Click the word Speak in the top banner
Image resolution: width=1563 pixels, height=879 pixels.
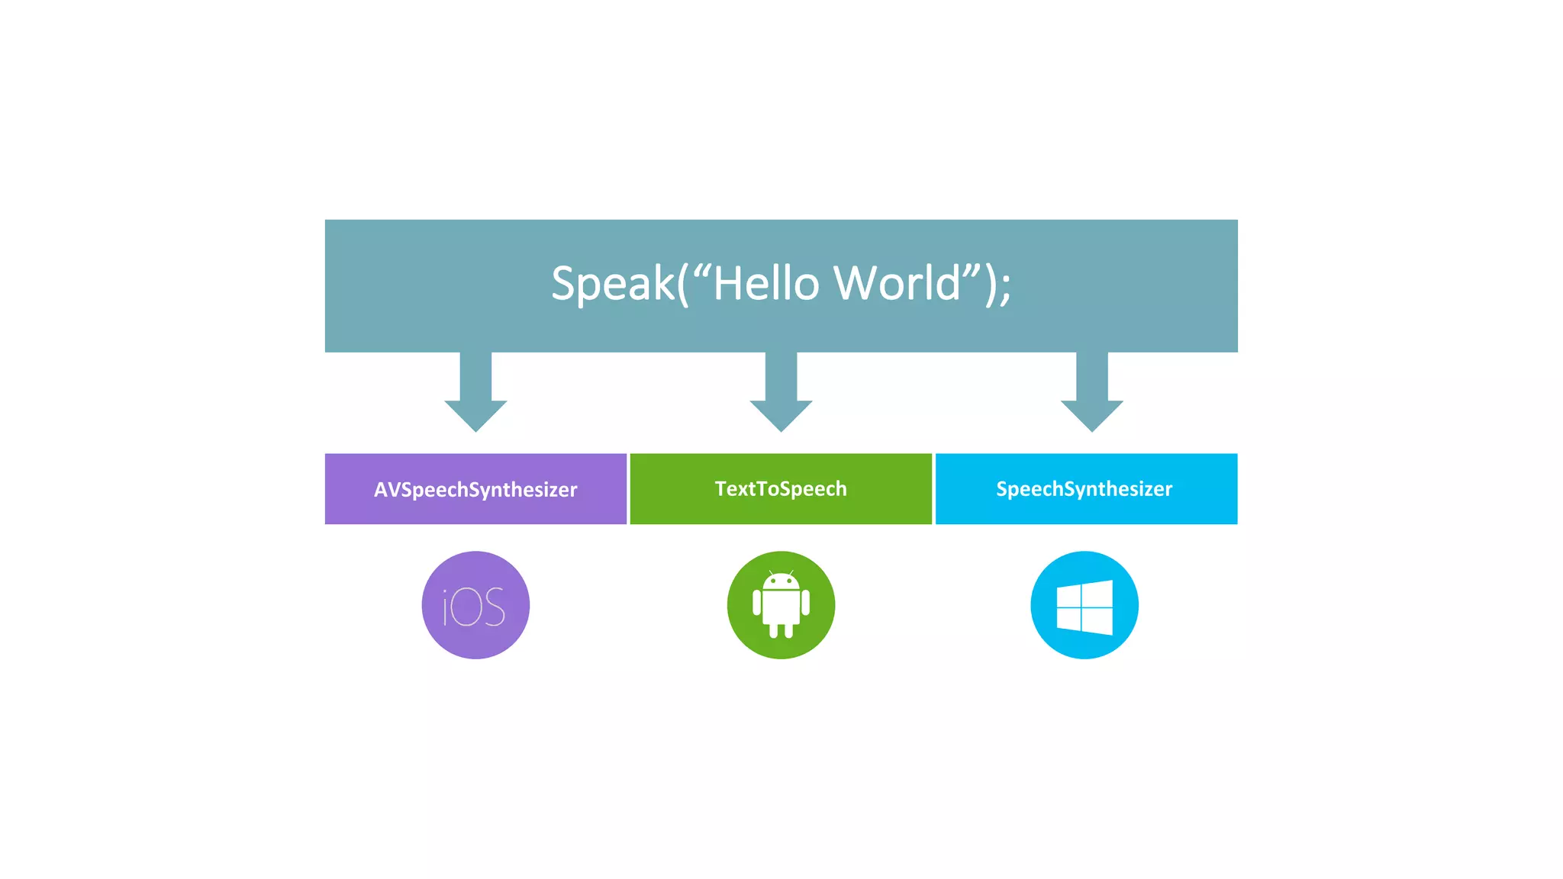tap(612, 284)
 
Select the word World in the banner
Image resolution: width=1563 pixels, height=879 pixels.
tap(897, 284)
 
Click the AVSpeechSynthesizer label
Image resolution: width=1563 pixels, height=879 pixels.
tap(475, 489)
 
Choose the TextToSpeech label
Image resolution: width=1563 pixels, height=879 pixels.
tap(781, 488)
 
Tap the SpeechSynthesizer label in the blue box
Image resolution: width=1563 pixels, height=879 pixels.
tap(1084, 488)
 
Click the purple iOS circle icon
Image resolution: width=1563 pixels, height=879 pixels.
tap(475, 605)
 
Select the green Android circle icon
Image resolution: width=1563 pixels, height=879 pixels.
tap(781, 605)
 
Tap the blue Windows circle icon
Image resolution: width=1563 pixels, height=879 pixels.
tap(1084, 605)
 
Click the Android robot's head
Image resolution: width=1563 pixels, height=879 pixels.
tap(781, 581)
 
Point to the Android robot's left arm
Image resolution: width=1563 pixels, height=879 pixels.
tap(757, 604)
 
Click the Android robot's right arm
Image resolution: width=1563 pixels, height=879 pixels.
tap(805, 604)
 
